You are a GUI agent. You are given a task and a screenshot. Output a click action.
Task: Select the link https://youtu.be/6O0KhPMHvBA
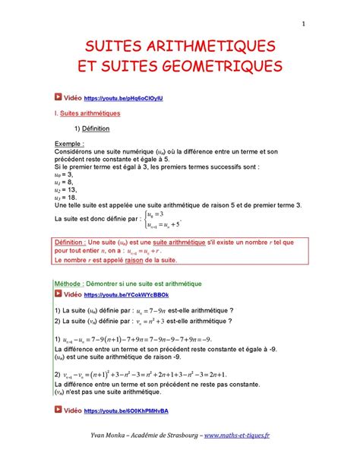[127, 410]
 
